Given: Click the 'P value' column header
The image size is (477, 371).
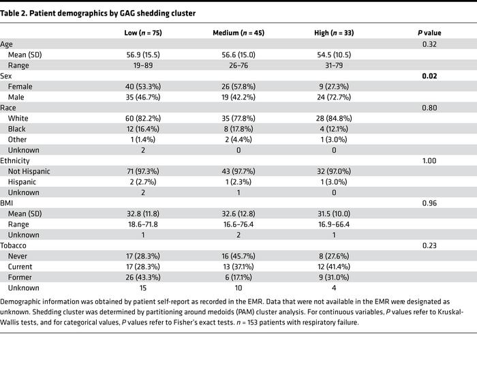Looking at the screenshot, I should coord(429,33).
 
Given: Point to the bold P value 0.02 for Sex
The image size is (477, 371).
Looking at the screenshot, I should coord(429,76).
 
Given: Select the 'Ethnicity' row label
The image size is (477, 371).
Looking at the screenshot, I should coord(18,160).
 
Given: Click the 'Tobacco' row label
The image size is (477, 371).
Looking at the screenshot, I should coord(16,245).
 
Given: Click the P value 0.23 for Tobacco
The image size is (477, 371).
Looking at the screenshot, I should coord(429,245).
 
